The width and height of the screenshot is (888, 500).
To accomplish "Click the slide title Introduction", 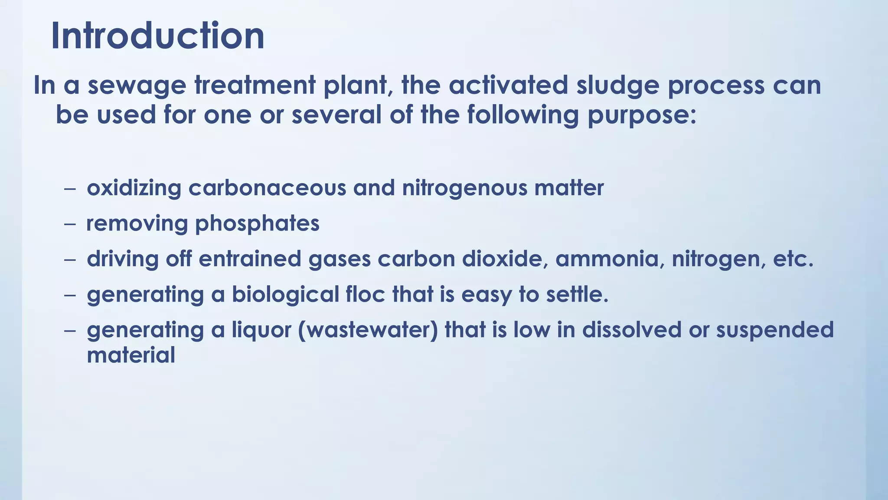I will (157, 36).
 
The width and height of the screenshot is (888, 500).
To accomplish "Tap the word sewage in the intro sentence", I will (137, 86).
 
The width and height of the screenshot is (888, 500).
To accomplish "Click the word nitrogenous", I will (464, 188).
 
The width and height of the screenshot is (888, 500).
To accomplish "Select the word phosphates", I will (257, 224).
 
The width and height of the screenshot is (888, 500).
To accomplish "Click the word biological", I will (285, 295).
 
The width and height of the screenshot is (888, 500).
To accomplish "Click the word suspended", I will (774, 330).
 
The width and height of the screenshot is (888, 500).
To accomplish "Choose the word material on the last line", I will (131, 355).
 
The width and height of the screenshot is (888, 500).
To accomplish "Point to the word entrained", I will (250, 259).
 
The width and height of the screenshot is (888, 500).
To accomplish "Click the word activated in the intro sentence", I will (508, 86).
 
